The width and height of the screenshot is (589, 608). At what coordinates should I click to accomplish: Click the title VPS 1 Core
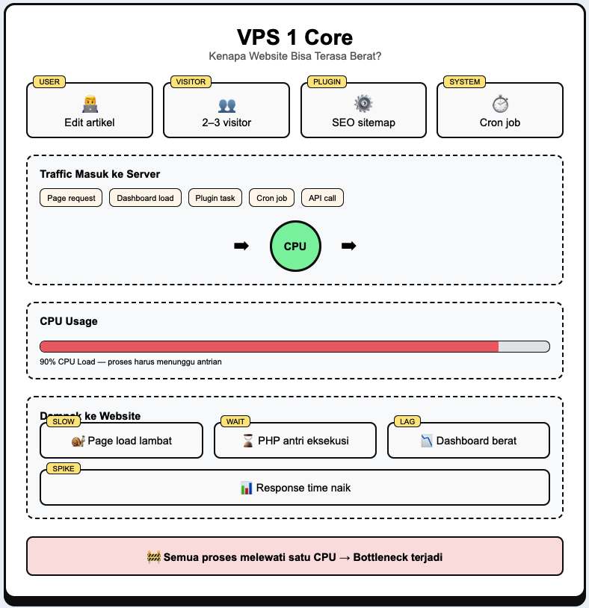pos(294,37)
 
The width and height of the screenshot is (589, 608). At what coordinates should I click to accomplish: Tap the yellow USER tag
pos(49,81)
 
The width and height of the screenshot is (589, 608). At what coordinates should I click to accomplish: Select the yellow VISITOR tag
pos(191,81)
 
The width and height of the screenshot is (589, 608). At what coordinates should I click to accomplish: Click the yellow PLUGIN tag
pos(327,81)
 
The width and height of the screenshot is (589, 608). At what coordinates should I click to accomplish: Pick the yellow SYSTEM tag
pos(464,81)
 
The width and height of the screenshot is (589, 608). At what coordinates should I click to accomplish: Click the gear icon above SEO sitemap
pos(363,104)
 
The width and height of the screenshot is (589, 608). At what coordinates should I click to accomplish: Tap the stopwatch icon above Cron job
pos(499,104)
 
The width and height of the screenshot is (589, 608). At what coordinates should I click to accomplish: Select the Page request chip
pos(71,198)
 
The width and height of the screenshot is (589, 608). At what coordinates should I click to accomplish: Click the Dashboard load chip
pos(145,198)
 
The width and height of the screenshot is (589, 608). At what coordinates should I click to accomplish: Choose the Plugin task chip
pos(215,198)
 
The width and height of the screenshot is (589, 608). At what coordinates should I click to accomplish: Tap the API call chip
pos(322,198)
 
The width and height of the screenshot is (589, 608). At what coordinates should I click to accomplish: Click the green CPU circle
pos(295,246)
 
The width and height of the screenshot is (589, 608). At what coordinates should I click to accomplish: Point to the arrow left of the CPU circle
pos(241,246)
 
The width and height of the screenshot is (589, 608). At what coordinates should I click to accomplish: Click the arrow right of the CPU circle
pos(348,246)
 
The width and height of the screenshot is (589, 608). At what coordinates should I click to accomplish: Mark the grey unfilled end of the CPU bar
pos(523,347)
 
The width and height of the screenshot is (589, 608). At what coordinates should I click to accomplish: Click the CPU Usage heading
pos(69,321)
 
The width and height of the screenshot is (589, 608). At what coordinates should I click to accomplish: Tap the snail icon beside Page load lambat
pos(78,441)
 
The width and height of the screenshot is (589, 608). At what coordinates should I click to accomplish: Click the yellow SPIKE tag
pos(63,468)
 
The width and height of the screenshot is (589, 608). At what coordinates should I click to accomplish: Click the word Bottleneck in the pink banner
pos(379,556)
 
